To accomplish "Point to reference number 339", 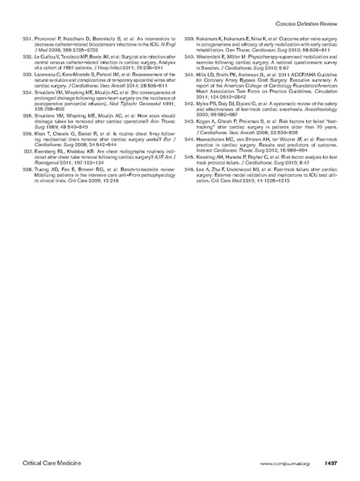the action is (x=190, y=38).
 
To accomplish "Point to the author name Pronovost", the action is (x=52, y=38).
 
